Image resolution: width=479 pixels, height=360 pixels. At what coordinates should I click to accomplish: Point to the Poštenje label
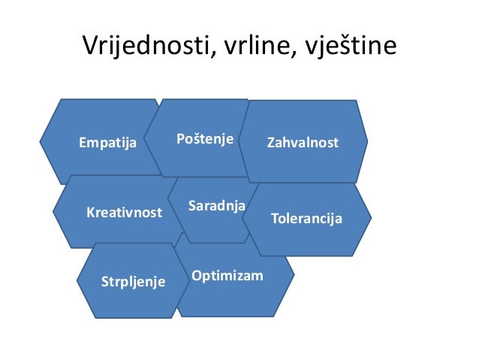[205, 139]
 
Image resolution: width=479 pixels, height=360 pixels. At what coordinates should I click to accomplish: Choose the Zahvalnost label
[303, 142]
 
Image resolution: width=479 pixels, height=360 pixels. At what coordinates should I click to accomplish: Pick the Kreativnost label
[124, 212]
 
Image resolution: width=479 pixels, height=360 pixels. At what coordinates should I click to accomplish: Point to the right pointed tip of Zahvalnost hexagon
[368, 141]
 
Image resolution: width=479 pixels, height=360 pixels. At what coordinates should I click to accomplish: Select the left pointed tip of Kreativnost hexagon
[53, 212]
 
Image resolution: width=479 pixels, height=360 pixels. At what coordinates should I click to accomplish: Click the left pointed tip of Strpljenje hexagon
[77, 281]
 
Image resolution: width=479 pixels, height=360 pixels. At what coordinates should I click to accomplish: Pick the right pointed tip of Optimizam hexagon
[294, 274]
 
